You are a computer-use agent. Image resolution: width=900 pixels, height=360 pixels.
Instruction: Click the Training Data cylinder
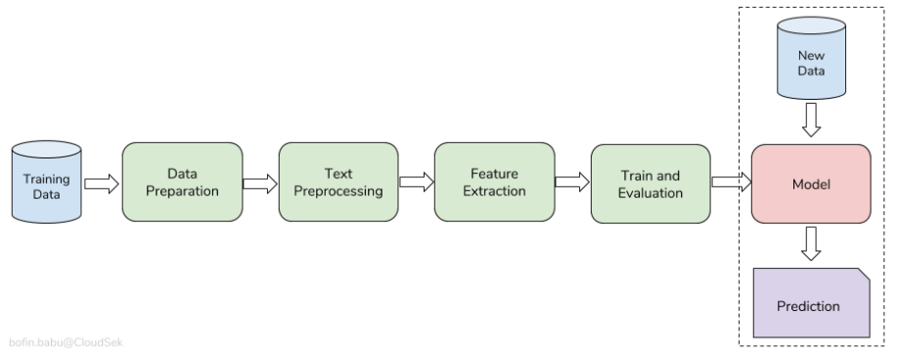pyautogui.click(x=46, y=183)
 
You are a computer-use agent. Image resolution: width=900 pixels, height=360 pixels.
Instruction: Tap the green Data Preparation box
pyautogui.click(x=182, y=182)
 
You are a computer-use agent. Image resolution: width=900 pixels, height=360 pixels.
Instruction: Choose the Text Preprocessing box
pyautogui.click(x=338, y=182)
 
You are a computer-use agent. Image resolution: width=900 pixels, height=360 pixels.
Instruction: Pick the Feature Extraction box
pyautogui.click(x=494, y=182)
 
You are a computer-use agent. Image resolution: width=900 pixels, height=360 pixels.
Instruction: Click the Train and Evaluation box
pyautogui.click(x=651, y=184)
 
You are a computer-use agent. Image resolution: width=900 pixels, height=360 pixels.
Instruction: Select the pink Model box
pyautogui.click(x=810, y=184)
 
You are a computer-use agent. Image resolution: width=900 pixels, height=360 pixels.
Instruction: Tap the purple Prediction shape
pyautogui.click(x=810, y=303)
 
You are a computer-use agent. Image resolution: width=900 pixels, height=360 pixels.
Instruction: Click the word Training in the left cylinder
pyautogui.click(x=46, y=180)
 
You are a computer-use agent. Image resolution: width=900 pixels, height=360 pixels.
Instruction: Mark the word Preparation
pyautogui.click(x=182, y=191)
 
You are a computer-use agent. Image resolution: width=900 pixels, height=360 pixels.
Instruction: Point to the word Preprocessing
pyautogui.click(x=338, y=191)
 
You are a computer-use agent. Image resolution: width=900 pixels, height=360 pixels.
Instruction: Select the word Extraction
pyautogui.click(x=494, y=191)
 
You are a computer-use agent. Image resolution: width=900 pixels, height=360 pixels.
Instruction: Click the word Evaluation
pyautogui.click(x=651, y=193)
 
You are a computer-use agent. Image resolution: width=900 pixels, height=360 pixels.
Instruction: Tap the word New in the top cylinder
pyautogui.click(x=811, y=56)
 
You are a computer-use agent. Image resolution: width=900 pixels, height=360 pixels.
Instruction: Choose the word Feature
pyautogui.click(x=494, y=174)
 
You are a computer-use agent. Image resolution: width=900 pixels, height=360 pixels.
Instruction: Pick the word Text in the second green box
pyautogui.click(x=338, y=174)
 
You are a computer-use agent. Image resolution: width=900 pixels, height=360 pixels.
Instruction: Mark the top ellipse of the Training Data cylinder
pyautogui.click(x=46, y=151)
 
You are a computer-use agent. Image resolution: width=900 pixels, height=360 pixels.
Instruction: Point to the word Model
pyautogui.click(x=810, y=184)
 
